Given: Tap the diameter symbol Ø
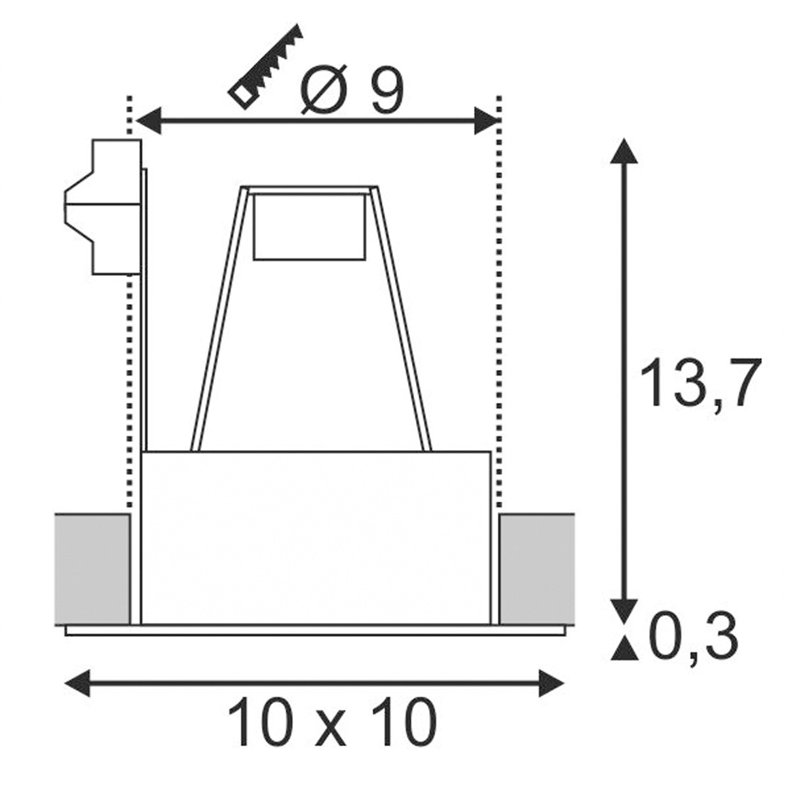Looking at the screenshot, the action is [x=324, y=89].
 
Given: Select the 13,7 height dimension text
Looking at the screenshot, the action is [x=700, y=382].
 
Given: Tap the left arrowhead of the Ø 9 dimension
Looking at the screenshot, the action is [x=149, y=121].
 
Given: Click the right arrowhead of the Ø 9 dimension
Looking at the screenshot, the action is [x=487, y=121].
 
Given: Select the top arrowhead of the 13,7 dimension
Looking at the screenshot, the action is [x=624, y=151].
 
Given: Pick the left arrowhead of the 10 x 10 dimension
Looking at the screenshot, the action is [x=77, y=683].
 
